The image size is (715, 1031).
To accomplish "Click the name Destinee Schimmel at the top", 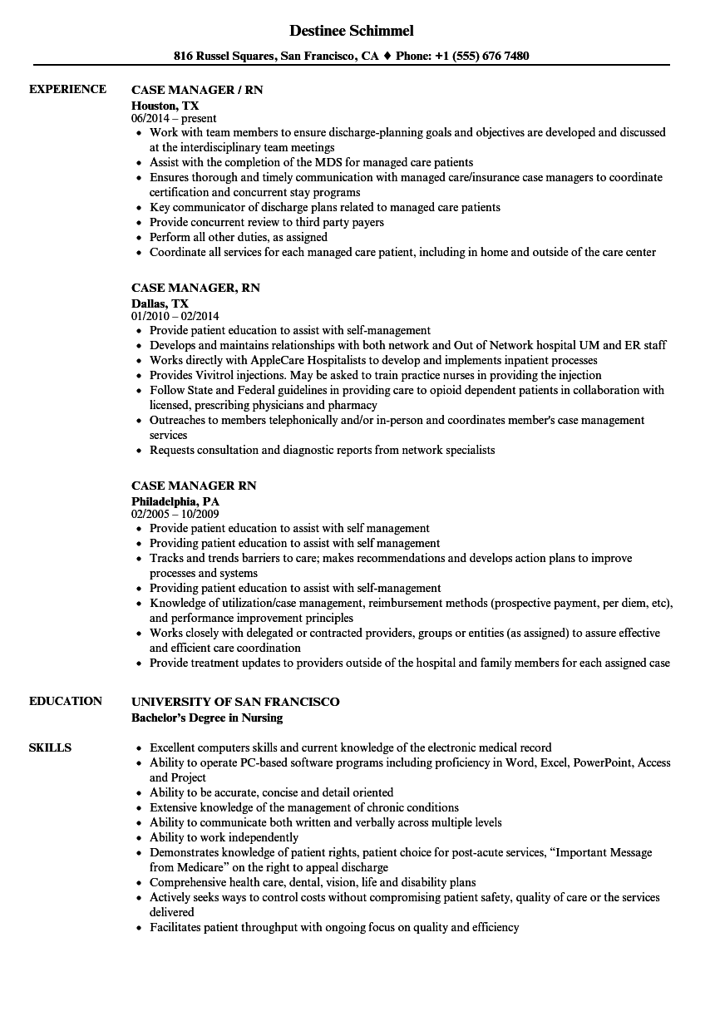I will tap(352, 31).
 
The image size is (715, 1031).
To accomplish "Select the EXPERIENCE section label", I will tap(67, 89).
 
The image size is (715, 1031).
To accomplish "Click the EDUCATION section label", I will tap(66, 701).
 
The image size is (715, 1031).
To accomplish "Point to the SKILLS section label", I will tap(50, 747).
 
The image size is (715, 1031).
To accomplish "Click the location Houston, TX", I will tap(165, 106).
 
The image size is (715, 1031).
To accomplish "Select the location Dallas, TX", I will tap(160, 303).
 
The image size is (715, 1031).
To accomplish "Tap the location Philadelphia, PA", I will tap(175, 501).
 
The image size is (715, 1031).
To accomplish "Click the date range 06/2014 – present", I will tap(174, 119).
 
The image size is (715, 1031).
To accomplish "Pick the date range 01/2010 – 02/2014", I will tap(175, 317).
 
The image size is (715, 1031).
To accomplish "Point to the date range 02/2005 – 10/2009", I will tap(175, 515).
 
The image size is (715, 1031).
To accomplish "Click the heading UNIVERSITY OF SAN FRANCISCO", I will tap(235, 702).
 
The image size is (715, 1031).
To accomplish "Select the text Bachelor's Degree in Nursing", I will tap(207, 718).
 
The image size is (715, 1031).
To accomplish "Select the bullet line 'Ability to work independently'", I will tap(224, 837).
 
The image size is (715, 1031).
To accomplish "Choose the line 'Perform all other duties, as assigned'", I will tap(239, 237).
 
